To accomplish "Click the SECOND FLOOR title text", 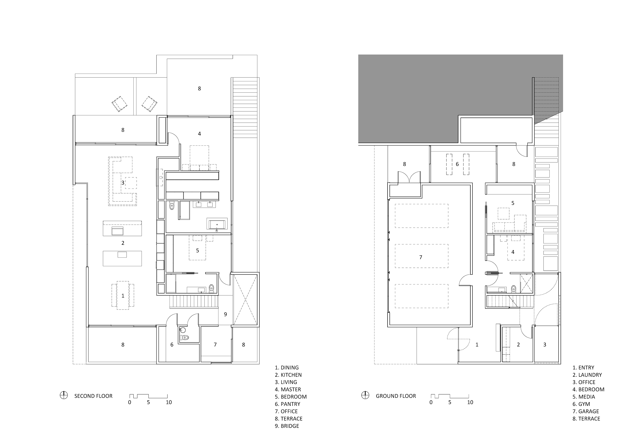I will pos(93,396).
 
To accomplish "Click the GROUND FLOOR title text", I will pos(396,396).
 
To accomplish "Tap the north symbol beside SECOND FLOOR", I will pos(64,395).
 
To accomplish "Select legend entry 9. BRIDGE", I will pos(287,426).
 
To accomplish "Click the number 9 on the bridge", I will pos(225,314).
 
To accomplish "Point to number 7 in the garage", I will pos(421,257).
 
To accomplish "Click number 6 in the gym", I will pos(457,164).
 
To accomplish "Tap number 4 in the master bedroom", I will pos(199,134).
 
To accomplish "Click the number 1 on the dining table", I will pos(123,296).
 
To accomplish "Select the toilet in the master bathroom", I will pos(172,206).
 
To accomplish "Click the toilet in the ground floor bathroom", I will pos(513,289).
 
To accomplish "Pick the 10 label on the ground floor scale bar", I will pos(470,402).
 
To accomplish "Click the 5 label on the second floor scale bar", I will pos(148,402).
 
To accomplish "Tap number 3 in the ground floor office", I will pos(545,345).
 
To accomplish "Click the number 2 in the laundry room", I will pos(518,345).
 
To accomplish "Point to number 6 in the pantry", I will pos(172,345).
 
